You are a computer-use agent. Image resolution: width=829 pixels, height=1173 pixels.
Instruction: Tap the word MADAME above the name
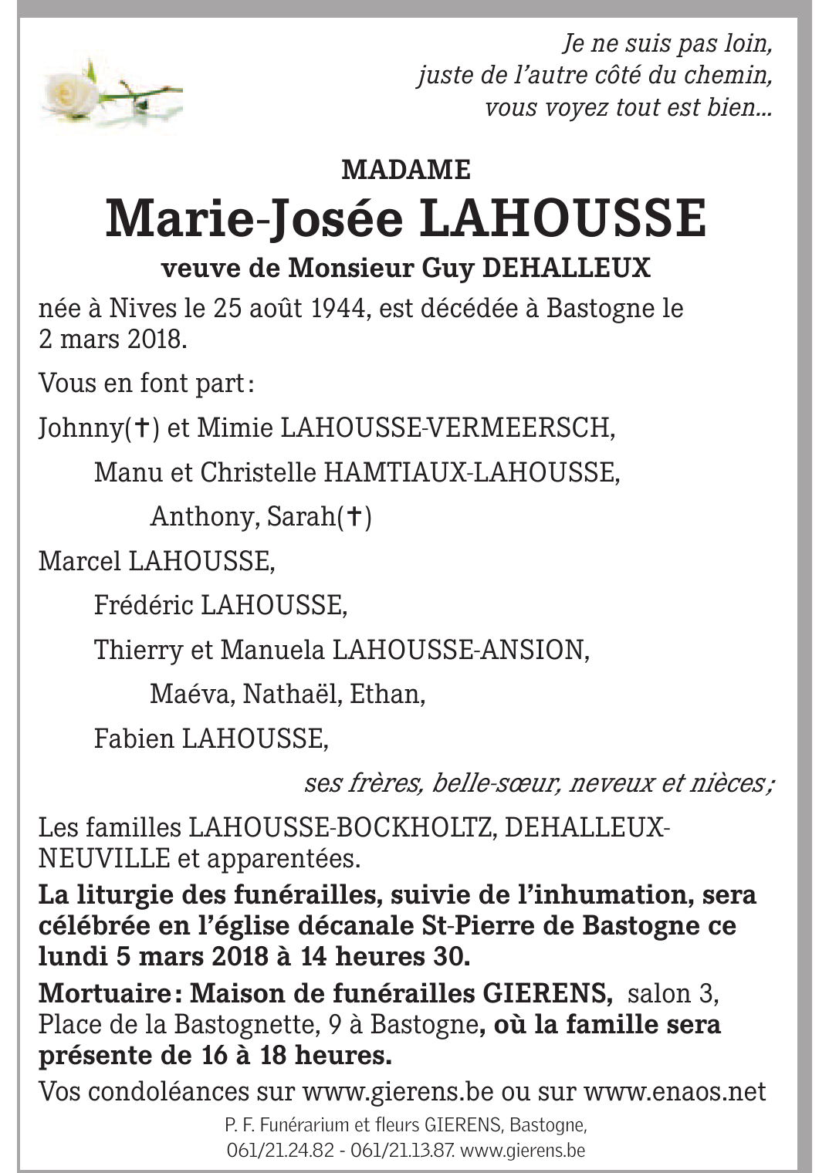coord(406,169)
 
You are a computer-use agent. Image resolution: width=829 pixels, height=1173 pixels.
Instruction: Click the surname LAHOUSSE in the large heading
coord(563,218)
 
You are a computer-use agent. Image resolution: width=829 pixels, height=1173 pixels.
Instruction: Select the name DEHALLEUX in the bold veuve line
coord(566,268)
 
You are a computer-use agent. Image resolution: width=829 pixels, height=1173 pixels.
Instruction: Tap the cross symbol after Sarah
coord(354,516)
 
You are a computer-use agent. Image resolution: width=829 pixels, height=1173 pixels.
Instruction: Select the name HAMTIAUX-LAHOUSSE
coord(470,472)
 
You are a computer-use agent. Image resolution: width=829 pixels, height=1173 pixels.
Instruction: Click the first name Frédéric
coord(144,605)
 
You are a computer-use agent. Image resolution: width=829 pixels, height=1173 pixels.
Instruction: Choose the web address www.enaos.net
coord(675,1092)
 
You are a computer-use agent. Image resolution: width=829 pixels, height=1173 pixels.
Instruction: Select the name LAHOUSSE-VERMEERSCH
coord(447,428)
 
